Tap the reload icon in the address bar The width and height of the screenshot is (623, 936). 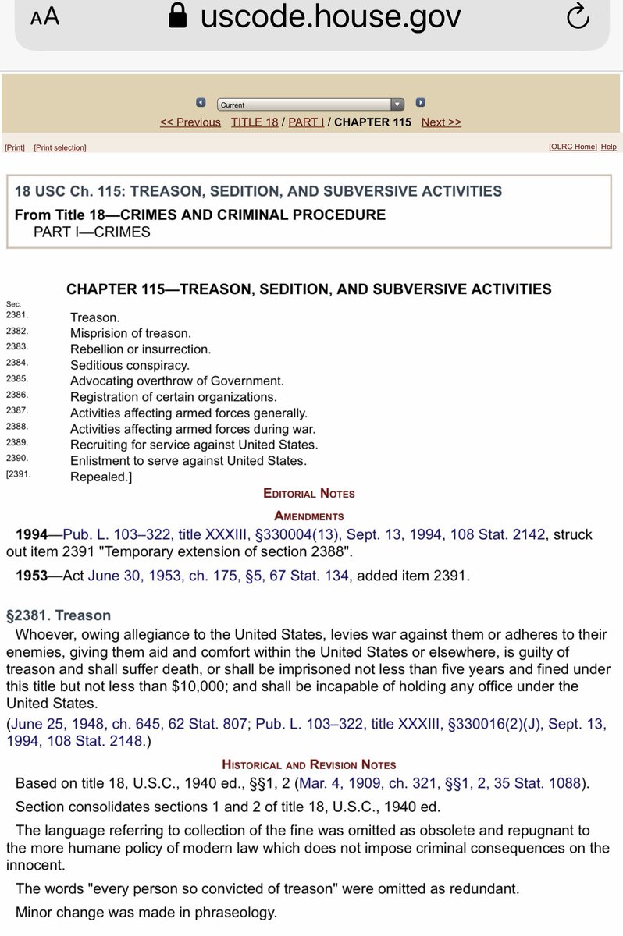(x=577, y=17)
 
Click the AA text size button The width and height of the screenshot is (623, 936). (x=44, y=17)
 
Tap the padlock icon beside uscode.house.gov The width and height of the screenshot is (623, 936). (x=179, y=16)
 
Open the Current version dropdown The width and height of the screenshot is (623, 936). (x=311, y=105)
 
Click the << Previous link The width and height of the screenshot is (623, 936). (x=190, y=122)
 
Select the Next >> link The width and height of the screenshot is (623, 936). (x=441, y=122)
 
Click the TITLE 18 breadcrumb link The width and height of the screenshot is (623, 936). (x=255, y=122)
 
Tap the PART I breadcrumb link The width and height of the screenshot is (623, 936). (x=306, y=122)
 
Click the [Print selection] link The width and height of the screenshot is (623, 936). (x=60, y=147)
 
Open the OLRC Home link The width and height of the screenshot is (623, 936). (x=572, y=147)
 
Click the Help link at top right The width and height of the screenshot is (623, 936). (x=609, y=147)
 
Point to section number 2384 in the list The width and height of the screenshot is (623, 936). (x=16, y=363)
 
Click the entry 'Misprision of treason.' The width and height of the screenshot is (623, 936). (x=130, y=333)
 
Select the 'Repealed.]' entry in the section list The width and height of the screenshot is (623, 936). (x=101, y=477)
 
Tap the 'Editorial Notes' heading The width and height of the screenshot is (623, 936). (x=308, y=494)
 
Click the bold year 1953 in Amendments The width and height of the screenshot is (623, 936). (x=32, y=576)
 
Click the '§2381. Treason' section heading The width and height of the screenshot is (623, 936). (x=59, y=615)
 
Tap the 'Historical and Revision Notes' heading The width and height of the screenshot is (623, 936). (x=308, y=764)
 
